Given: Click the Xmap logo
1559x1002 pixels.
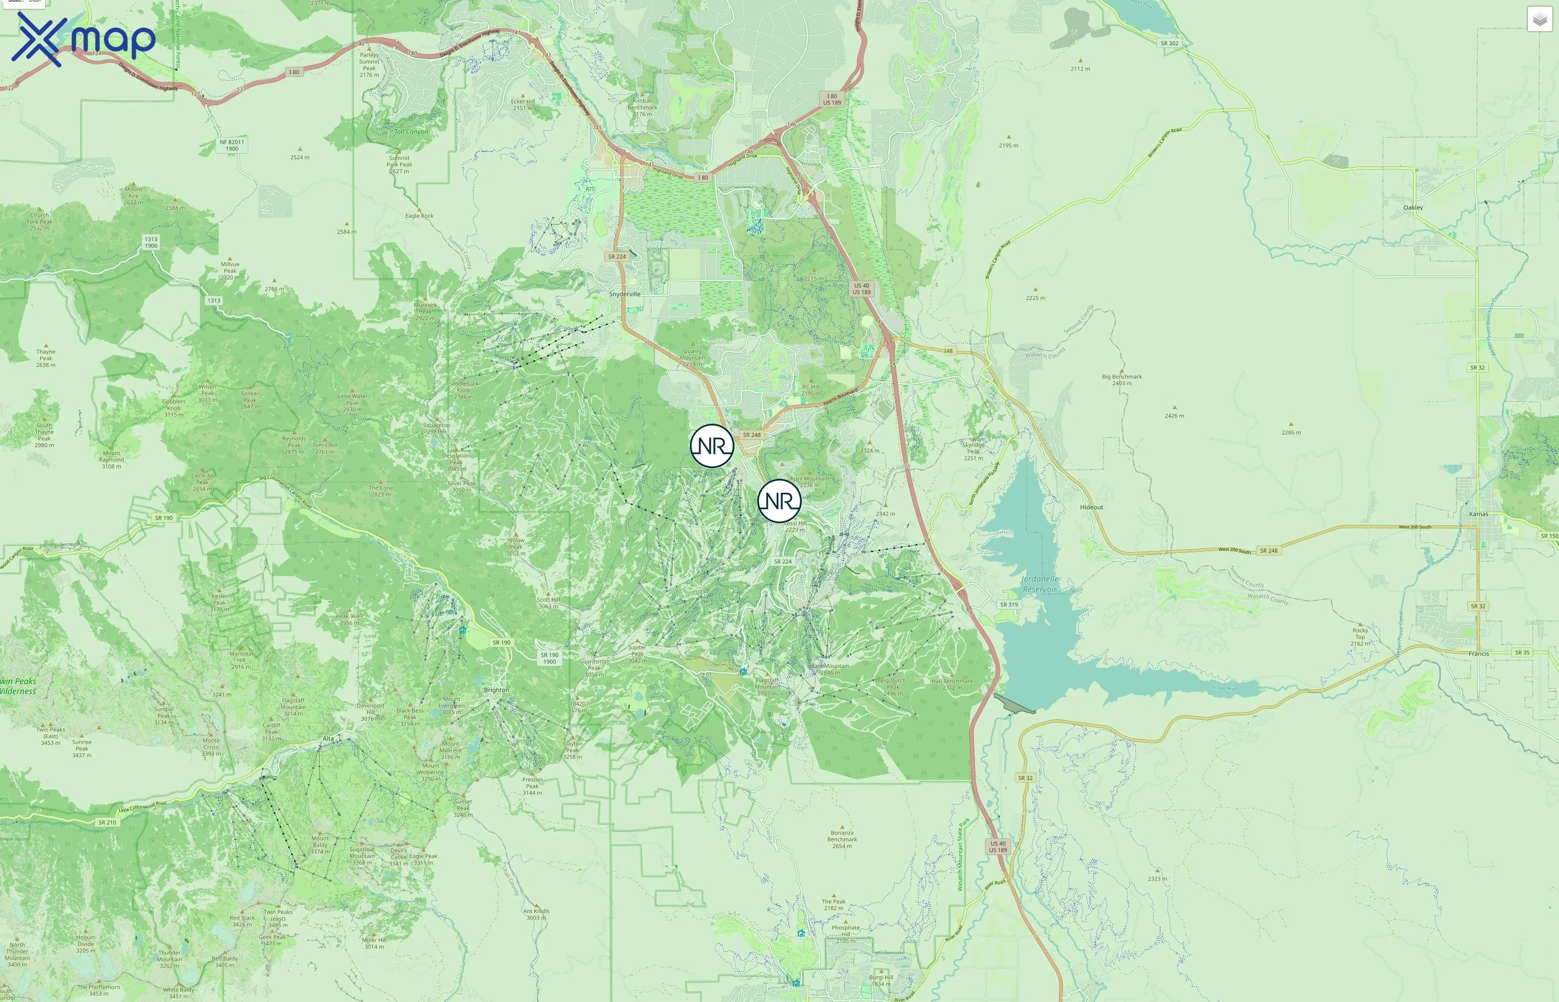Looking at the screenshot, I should (84, 39).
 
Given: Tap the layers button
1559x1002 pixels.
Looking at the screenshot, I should (1539, 19).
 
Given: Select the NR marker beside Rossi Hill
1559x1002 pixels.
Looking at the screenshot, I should (779, 501).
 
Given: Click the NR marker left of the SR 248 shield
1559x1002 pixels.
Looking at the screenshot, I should (712, 446).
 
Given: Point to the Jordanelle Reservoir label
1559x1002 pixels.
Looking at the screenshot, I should (1039, 583).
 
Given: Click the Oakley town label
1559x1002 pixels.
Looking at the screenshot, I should (1413, 208).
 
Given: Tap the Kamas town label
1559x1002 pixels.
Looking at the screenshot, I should (1478, 514).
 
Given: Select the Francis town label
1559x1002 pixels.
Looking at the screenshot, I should (1478, 654).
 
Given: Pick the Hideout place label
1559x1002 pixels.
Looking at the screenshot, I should (1091, 508).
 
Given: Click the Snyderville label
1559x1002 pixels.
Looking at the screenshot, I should (624, 294).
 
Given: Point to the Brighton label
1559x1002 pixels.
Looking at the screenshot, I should (497, 690).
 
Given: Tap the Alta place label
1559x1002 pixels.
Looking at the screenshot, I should (328, 739).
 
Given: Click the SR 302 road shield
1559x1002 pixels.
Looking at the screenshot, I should (1169, 43).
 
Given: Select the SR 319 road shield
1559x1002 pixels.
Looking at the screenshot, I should (1008, 605).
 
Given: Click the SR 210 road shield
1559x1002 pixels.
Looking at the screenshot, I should (107, 822).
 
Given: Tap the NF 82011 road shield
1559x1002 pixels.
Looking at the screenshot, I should (232, 145).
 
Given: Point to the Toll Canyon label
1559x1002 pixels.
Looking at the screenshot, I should (411, 131).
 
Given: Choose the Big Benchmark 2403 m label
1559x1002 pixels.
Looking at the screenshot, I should (1122, 379).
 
